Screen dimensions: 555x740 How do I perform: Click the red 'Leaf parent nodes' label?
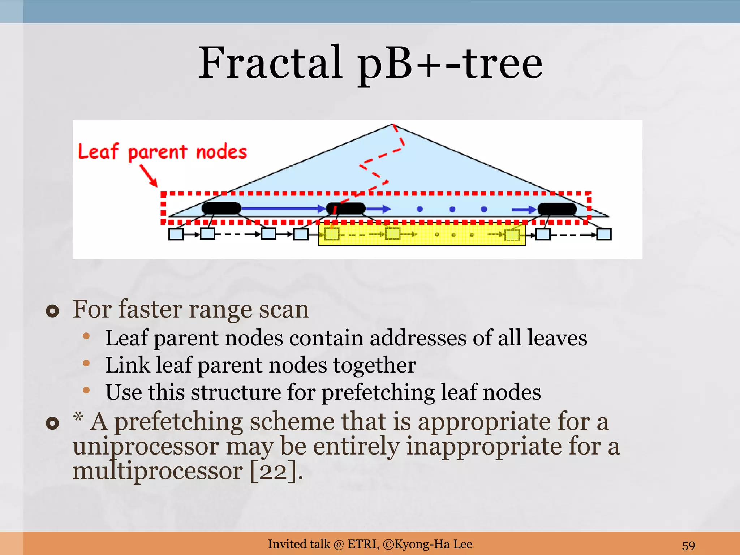point(163,152)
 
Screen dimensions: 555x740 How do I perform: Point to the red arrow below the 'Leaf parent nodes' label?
point(149,176)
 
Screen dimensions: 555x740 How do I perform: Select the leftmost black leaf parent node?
point(221,208)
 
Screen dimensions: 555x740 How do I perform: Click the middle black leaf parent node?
point(346,208)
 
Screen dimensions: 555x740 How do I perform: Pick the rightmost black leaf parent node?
point(557,209)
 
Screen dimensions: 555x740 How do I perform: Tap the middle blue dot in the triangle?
point(452,209)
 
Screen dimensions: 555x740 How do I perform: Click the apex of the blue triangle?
point(393,125)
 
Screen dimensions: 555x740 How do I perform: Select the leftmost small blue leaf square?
point(176,234)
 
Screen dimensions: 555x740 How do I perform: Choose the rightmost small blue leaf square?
point(604,234)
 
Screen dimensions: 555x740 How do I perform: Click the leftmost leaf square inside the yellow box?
point(332,234)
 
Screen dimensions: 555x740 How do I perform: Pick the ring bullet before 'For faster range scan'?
point(53,311)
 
